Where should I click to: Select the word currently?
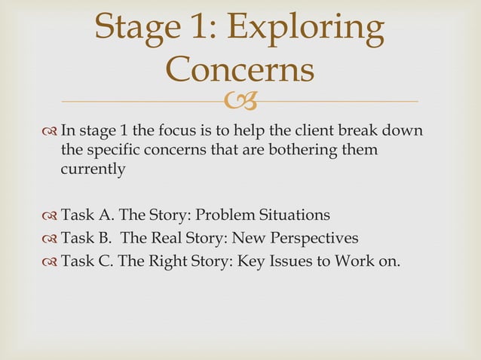pos(93,169)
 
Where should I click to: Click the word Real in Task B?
pos(164,239)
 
